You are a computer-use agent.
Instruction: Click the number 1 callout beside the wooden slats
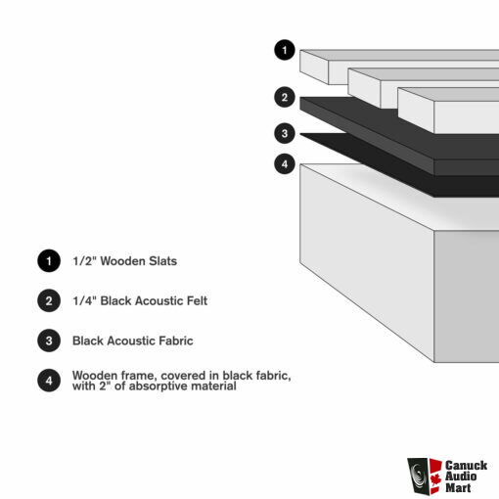pos(285,50)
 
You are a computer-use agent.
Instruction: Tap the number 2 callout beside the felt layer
pos(285,97)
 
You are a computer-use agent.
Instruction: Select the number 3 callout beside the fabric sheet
pos(285,133)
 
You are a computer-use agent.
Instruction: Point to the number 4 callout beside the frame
pos(285,163)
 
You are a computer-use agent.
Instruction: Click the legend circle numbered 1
pos(49,261)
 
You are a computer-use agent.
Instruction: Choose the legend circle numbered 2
pos(49,300)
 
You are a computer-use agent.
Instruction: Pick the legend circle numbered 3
pos(49,340)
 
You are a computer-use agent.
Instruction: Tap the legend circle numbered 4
pos(49,381)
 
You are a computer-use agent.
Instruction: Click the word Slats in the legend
pos(162,261)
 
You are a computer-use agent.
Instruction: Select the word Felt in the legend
pos(197,300)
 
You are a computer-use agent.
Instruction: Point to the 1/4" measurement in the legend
pos(84,300)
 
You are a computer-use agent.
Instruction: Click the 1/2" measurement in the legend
pos(84,261)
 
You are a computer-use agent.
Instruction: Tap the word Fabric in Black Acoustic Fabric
pos(176,340)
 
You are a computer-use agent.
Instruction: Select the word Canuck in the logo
pos(467,465)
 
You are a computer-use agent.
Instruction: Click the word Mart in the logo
pos(458,488)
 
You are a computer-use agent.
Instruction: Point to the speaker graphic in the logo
pos(418,476)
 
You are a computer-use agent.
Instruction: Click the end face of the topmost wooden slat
pos(314,67)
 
